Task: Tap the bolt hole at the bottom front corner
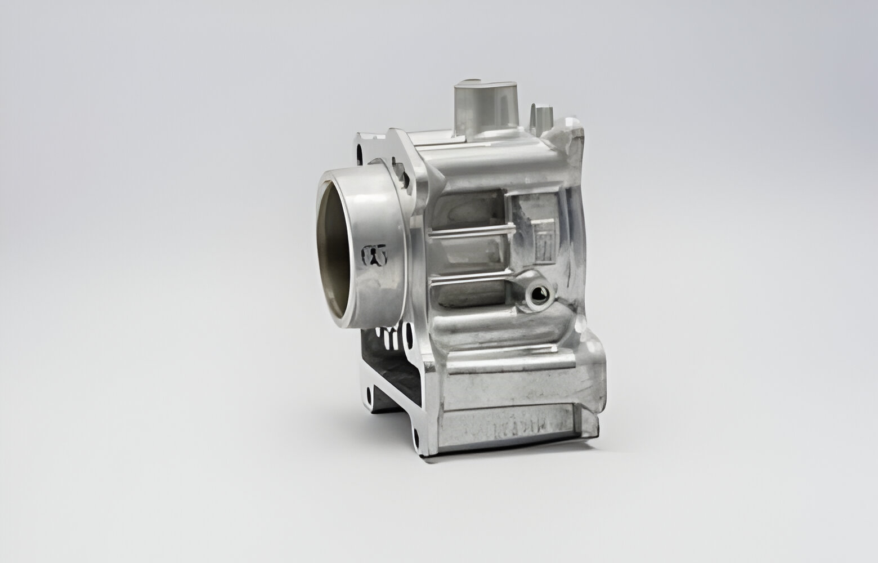point(416,434)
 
